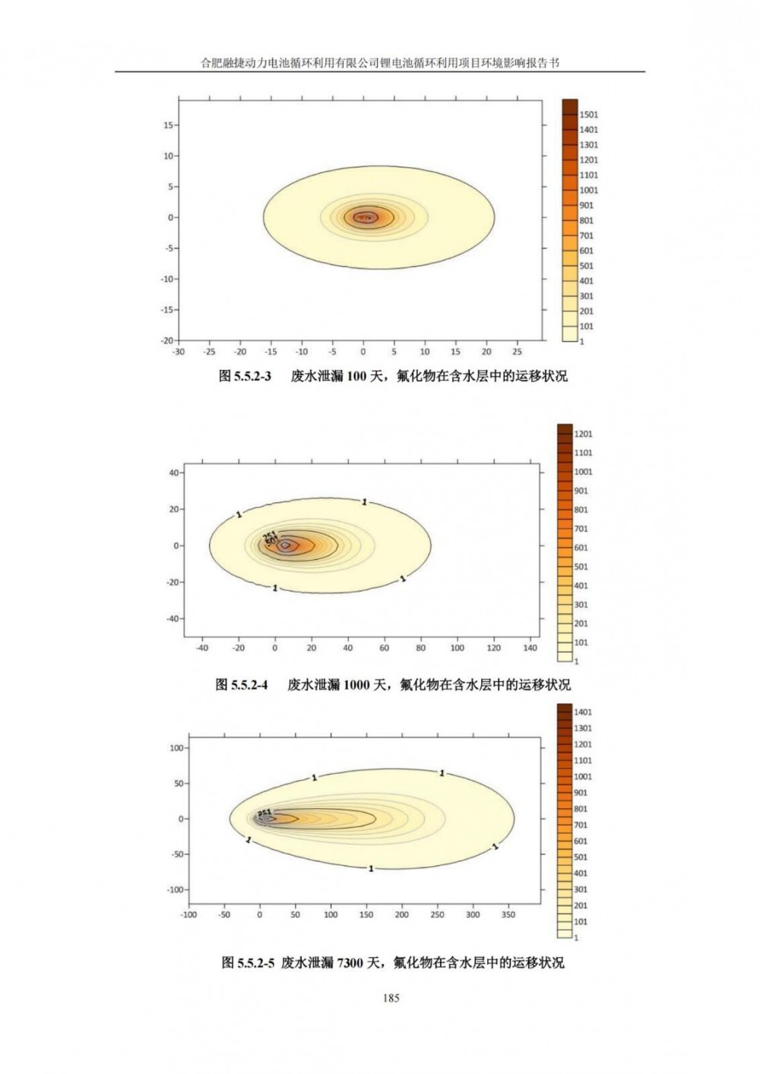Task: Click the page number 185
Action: point(391,997)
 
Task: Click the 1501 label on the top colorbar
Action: point(588,115)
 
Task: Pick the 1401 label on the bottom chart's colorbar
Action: point(583,712)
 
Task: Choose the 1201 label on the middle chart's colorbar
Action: point(583,434)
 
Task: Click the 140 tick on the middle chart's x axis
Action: point(530,648)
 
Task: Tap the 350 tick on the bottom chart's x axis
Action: point(508,914)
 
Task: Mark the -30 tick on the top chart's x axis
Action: point(179,352)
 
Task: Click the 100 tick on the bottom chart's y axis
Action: point(176,747)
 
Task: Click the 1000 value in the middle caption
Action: point(356,684)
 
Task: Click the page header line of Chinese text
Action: point(380,63)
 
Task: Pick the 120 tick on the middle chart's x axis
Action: point(494,648)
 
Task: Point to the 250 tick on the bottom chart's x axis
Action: point(437,914)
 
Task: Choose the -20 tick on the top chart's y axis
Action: point(166,340)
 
